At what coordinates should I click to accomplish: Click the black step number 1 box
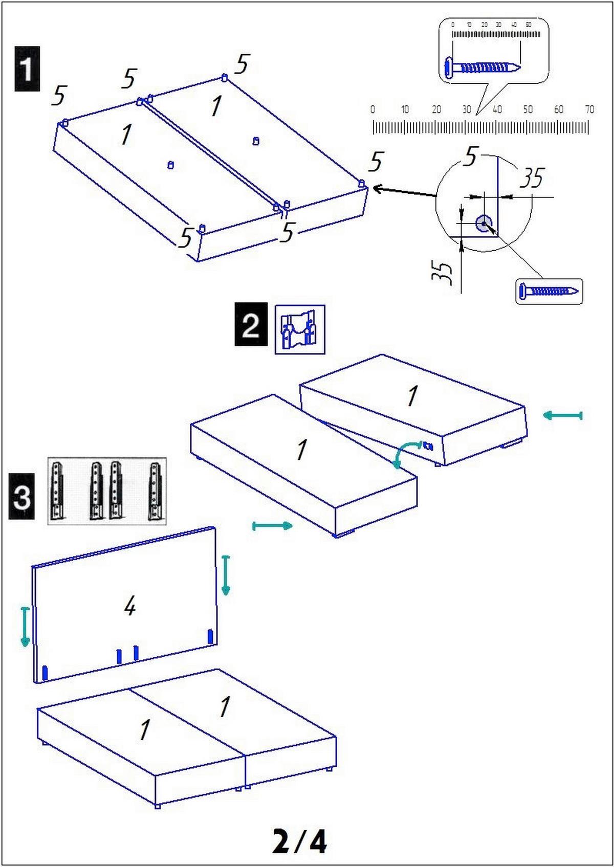point(27,69)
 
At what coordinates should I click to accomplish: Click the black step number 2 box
point(251,324)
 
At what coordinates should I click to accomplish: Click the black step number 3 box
point(21,497)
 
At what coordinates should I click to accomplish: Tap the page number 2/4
point(299,841)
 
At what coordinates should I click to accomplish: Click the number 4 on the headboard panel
point(130,607)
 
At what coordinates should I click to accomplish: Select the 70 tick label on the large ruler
point(589,109)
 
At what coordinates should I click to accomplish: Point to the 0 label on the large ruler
point(372,109)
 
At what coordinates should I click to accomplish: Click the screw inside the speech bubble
point(483,67)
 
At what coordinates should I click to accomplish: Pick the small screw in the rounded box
point(549,291)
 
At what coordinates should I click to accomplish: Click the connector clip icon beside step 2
point(300,329)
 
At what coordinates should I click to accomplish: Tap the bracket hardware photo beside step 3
point(107,491)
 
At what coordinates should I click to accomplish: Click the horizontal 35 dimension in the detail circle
point(532,178)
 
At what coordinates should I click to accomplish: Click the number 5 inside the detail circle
point(470,157)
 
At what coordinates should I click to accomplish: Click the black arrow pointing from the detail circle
point(404,192)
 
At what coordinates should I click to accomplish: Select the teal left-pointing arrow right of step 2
point(562,415)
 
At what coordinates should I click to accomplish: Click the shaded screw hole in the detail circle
point(484,223)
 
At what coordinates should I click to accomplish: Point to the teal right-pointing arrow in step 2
point(273,526)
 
